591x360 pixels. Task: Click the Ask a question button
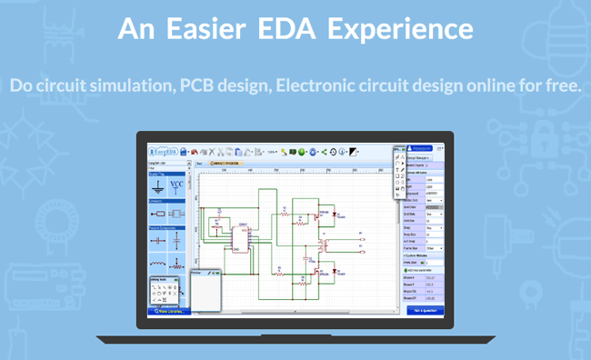(426, 310)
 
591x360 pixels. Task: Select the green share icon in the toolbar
(325, 152)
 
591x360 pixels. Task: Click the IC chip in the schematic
(240, 235)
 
